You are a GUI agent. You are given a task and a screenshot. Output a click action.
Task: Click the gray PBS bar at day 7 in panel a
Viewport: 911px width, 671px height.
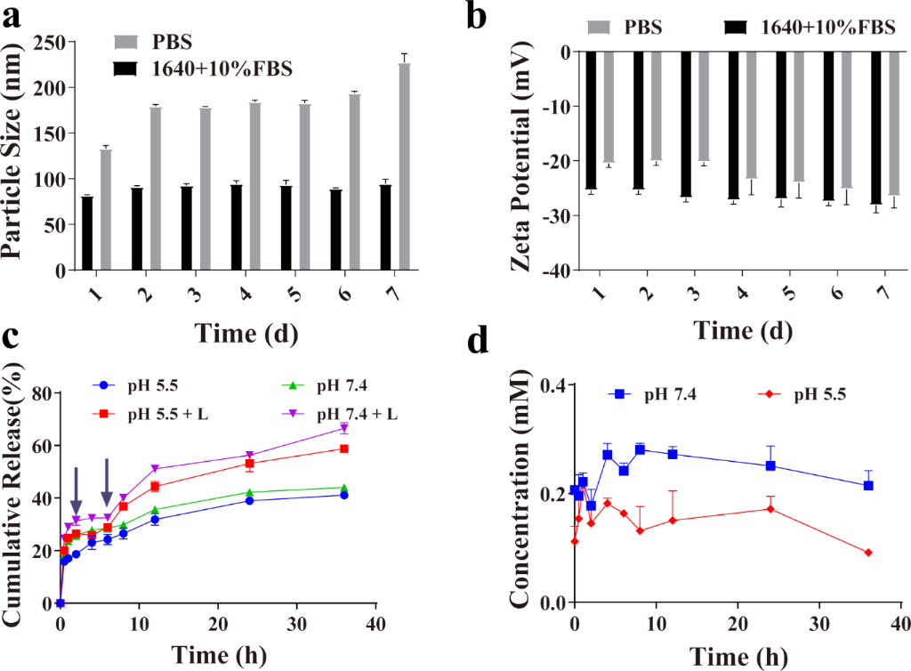(x=405, y=166)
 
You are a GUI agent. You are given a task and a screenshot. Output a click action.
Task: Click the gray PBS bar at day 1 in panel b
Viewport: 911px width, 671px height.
(x=609, y=108)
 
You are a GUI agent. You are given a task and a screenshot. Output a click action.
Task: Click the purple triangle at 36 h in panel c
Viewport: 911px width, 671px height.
(x=343, y=429)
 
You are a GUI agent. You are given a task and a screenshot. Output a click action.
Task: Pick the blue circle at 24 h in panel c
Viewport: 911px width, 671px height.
(x=249, y=501)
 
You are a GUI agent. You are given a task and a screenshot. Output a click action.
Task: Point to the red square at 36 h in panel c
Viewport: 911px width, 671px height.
(x=343, y=449)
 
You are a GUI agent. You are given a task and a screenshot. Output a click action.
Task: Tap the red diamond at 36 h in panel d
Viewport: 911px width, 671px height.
(x=868, y=553)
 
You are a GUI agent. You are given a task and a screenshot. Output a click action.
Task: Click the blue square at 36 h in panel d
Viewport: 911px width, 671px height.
(x=868, y=486)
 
